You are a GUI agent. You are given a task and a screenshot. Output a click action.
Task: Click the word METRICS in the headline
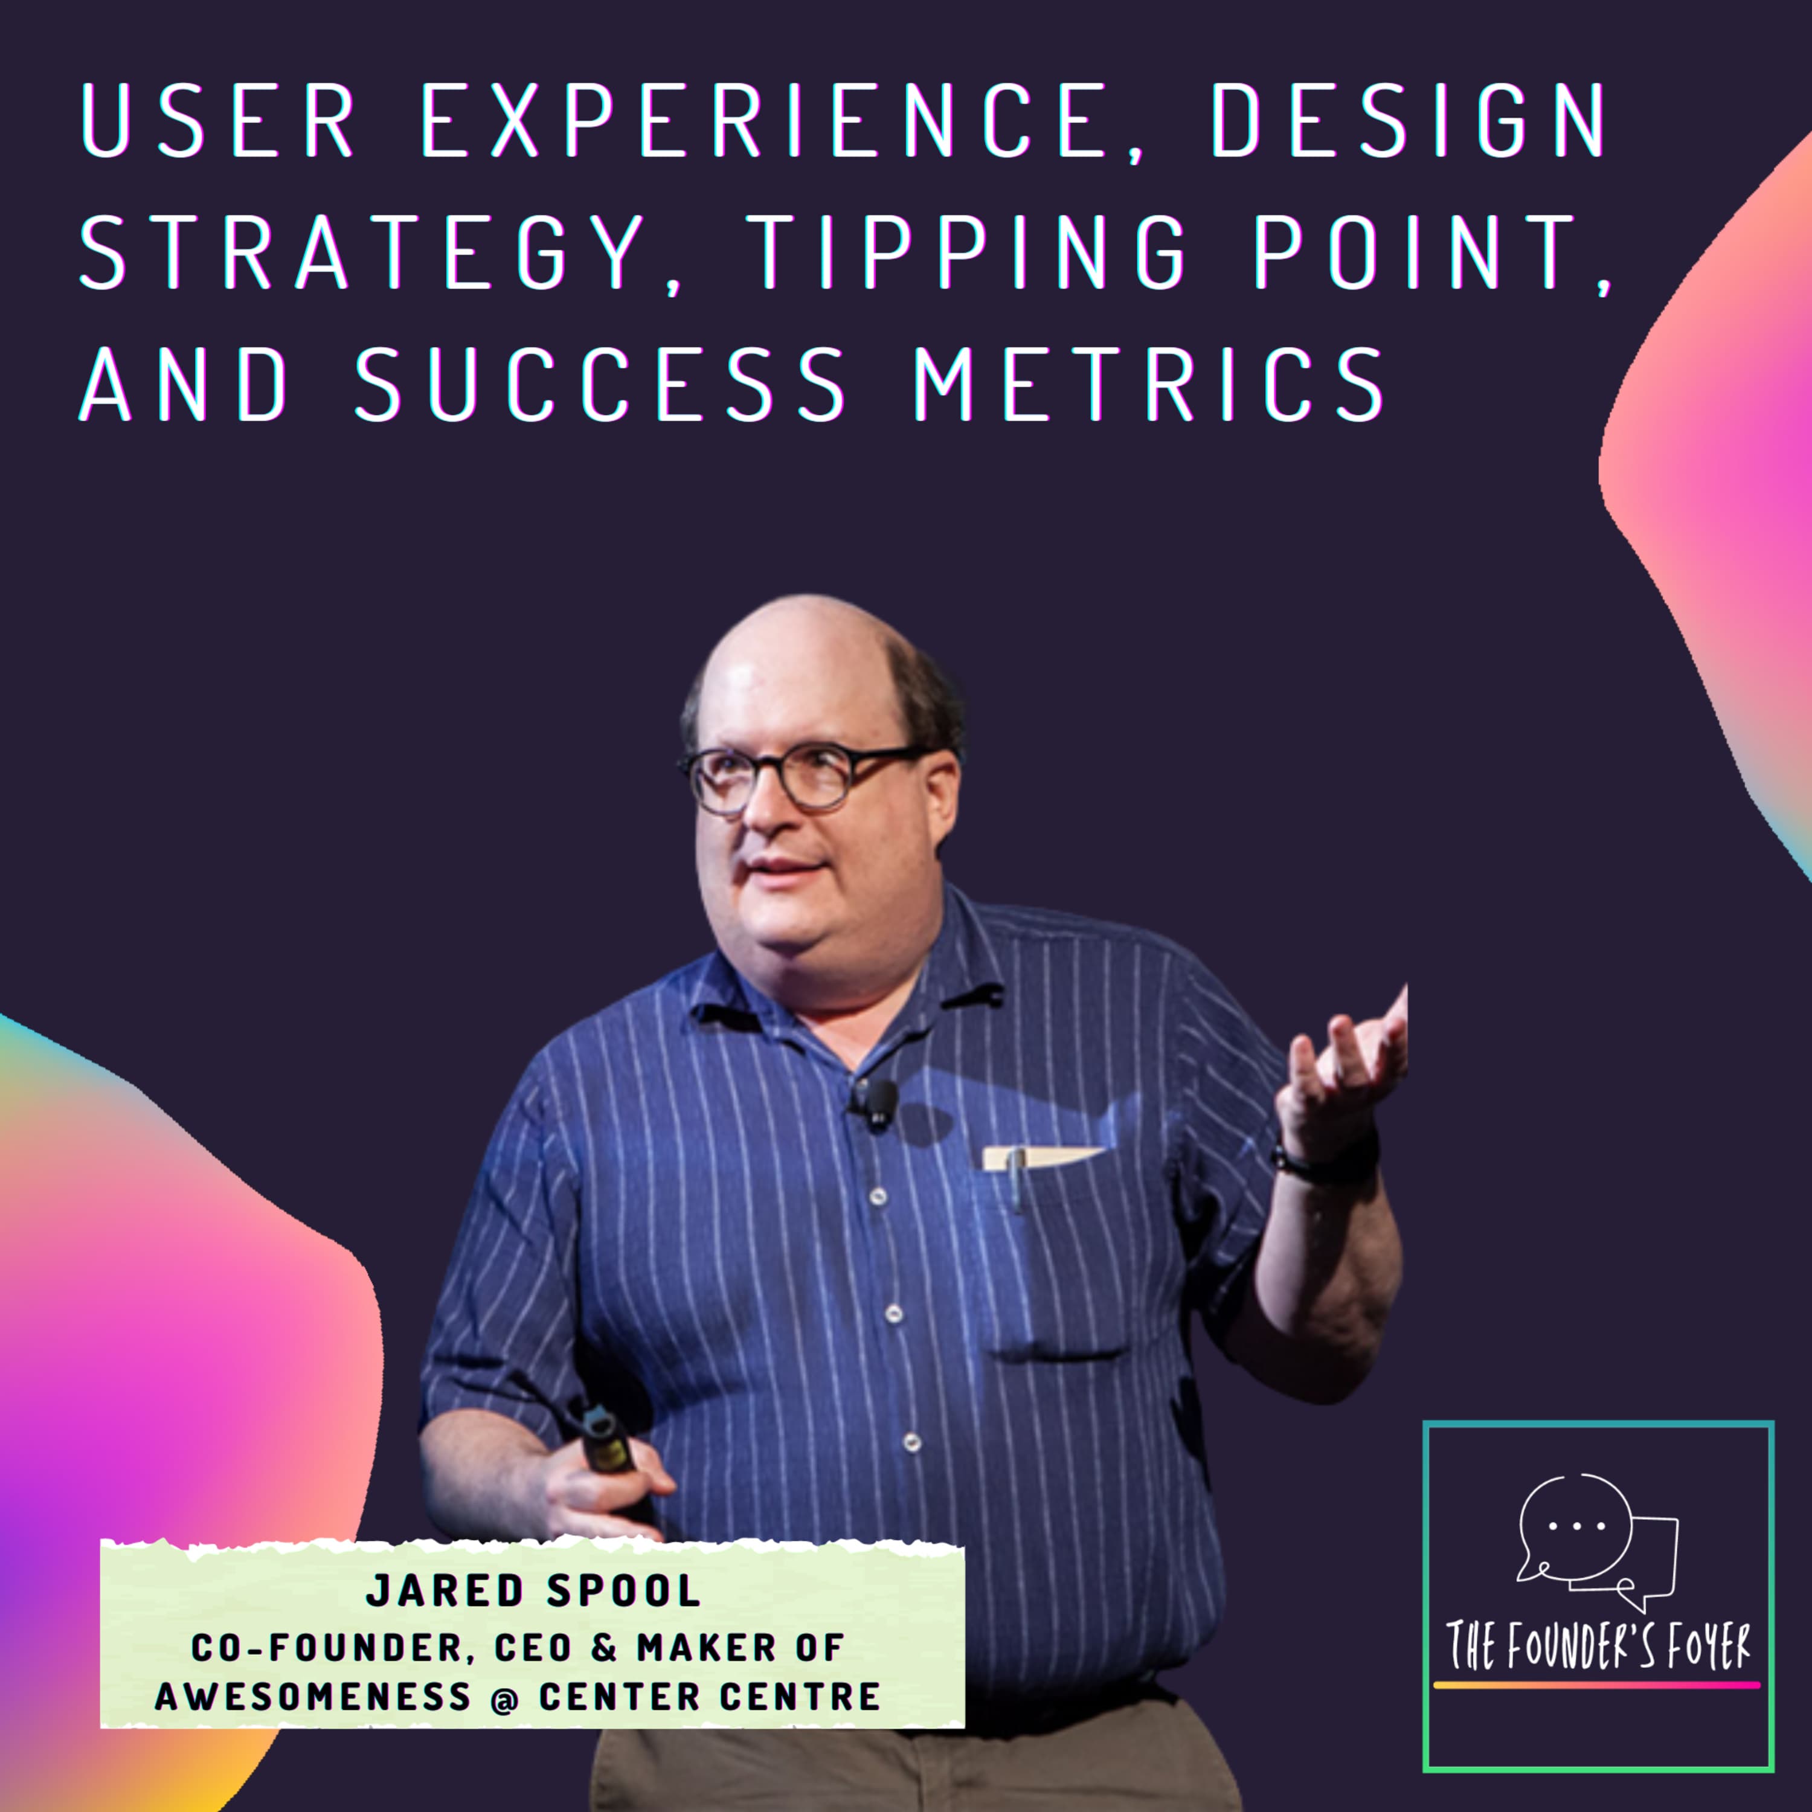1148,385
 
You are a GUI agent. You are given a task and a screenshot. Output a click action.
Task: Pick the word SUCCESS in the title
601,385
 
